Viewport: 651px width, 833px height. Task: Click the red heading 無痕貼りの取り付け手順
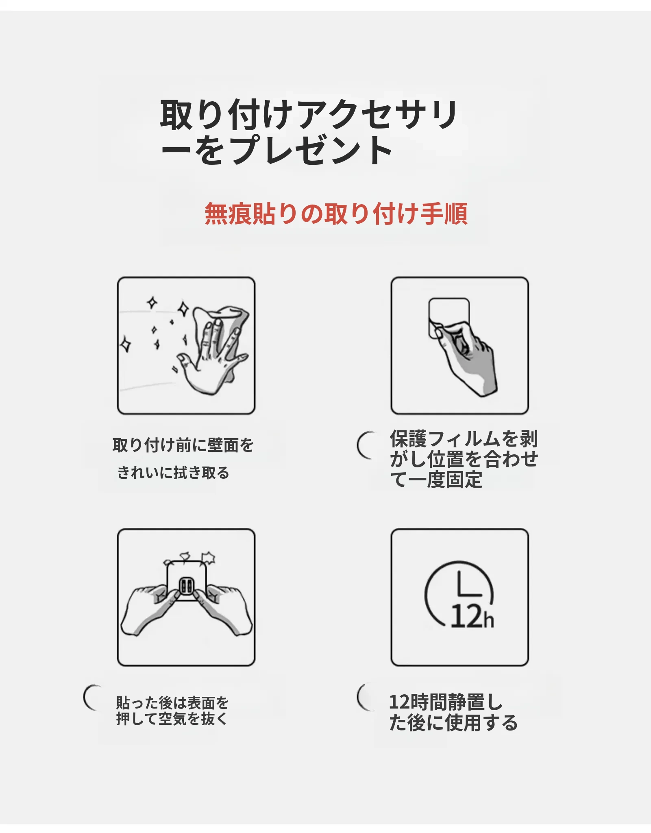click(336, 214)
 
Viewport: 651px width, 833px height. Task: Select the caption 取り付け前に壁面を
click(183, 445)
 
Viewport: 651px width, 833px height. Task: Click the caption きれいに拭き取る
click(174, 473)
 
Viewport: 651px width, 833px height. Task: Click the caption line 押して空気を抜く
click(172, 719)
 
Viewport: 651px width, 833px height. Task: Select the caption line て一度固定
click(436, 480)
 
